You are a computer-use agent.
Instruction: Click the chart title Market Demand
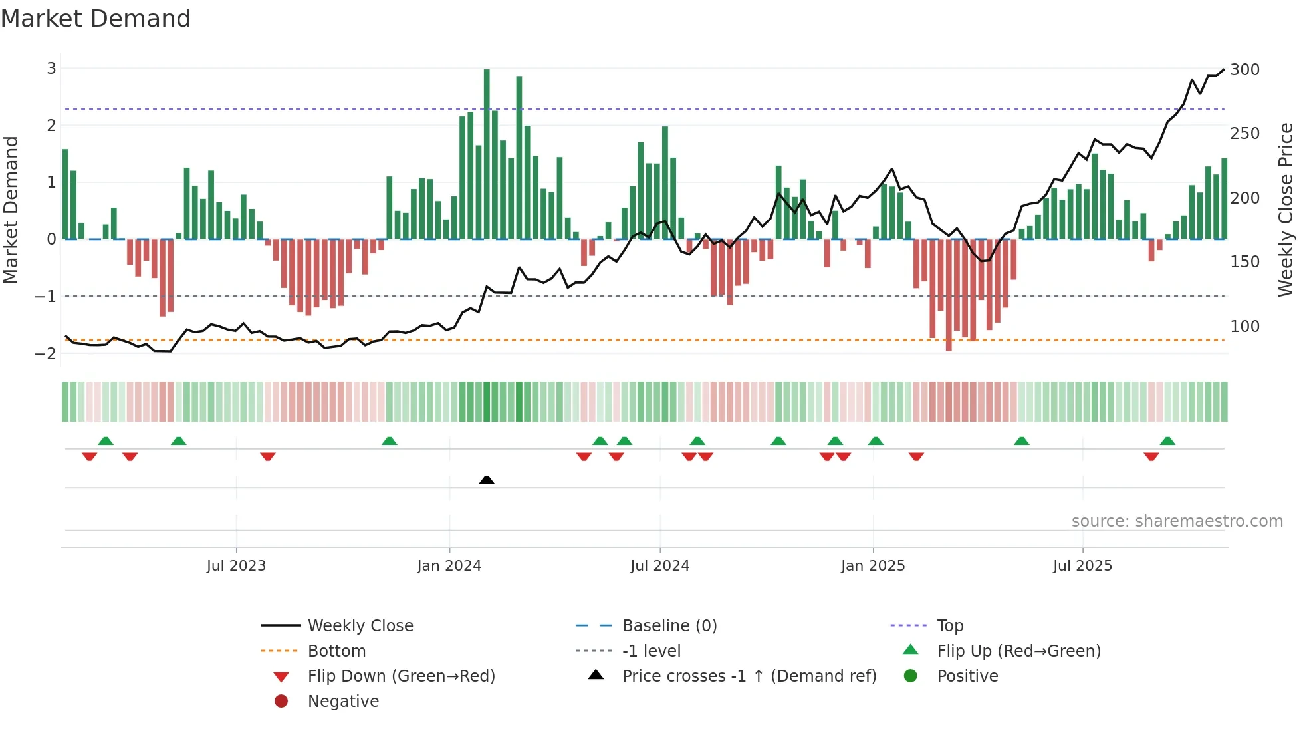[x=96, y=19]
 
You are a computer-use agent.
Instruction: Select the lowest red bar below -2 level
[x=949, y=296]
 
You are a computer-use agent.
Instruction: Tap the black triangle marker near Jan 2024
[x=487, y=480]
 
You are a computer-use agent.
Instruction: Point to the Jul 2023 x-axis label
[x=236, y=566]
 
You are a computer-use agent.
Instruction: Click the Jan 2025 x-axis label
[x=873, y=566]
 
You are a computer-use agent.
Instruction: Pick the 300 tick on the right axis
[x=1244, y=70]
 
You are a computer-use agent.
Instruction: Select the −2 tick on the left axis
[x=46, y=353]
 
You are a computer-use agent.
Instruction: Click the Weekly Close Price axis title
[x=1286, y=210]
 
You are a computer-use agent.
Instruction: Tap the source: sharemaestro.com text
[x=1177, y=521]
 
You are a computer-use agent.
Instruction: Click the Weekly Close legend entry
[x=360, y=626]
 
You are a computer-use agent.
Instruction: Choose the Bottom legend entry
[x=336, y=651]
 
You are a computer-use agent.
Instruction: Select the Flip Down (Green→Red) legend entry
[x=401, y=676]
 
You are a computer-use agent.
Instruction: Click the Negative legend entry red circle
[x=281, y=702]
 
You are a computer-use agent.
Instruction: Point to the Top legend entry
[x=949, y=626]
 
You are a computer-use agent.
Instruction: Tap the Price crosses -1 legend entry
[x=749, y=676]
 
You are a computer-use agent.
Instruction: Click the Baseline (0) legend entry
[x=669, y=626]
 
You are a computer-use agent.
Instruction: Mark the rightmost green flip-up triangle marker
[x=1167, y=441]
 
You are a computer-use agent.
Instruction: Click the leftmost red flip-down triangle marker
[x=89, y=456]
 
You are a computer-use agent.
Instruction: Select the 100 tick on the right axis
[x=1244, y=327]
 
